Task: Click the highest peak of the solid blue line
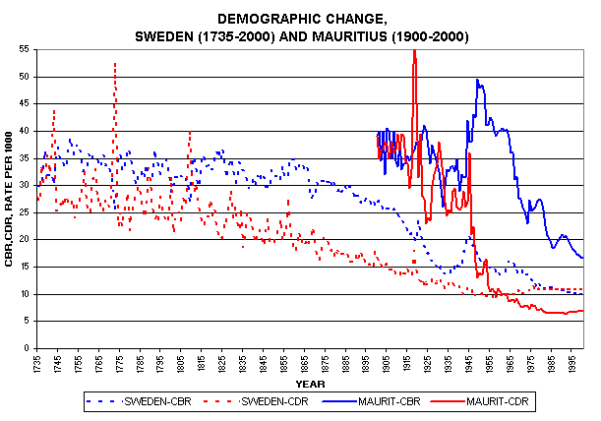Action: [477, 80]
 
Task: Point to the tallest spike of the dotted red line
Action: [115, 63]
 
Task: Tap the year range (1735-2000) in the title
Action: [221, 35]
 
